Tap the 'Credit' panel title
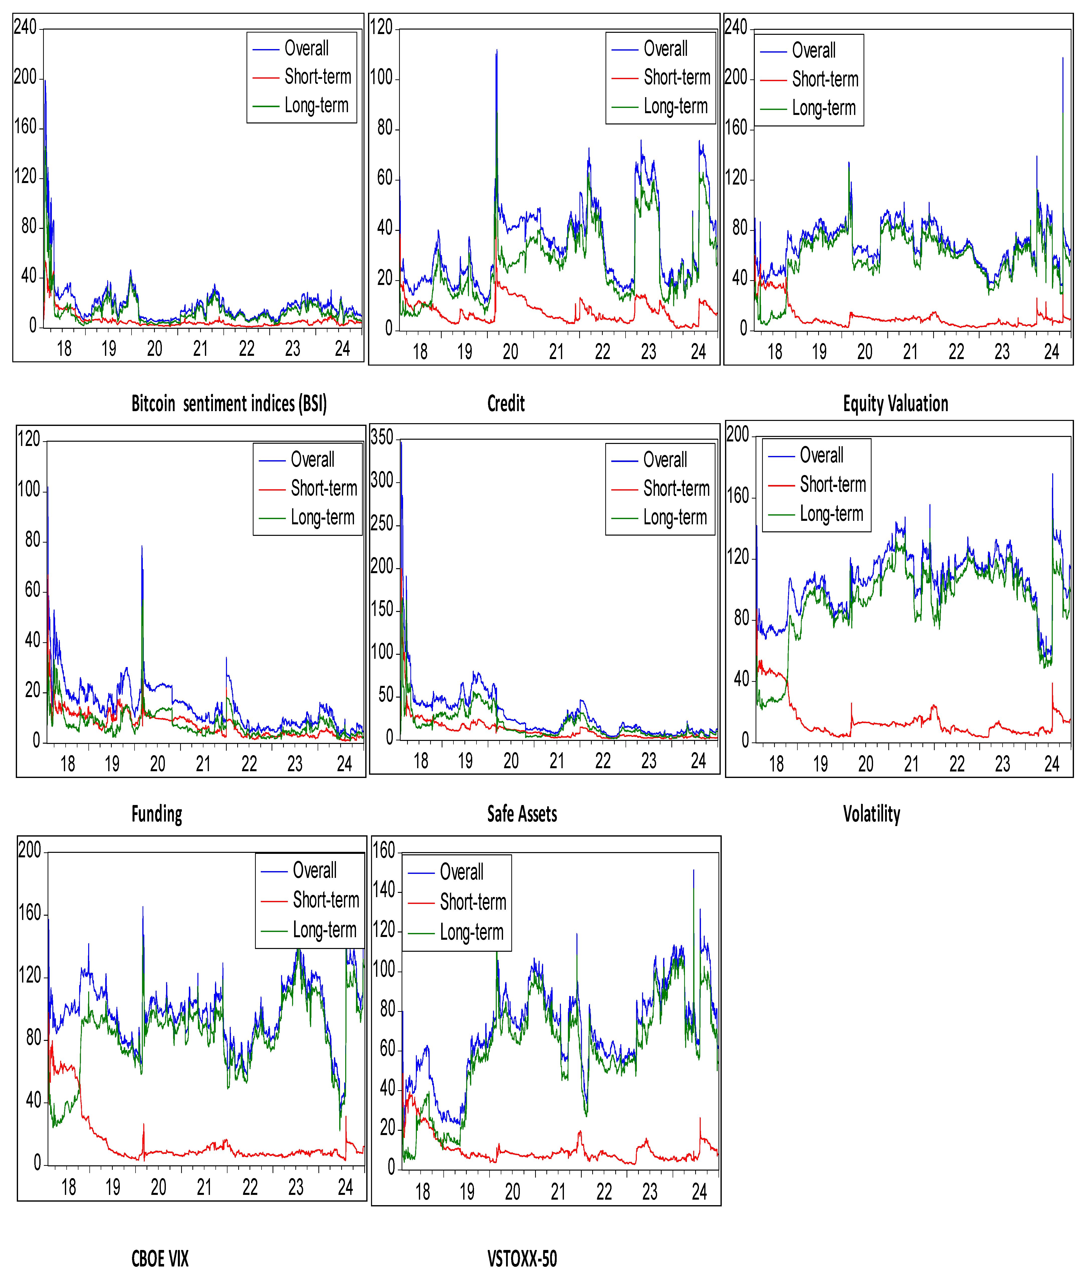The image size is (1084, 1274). point(506,404)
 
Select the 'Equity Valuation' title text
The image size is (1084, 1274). point(895,404)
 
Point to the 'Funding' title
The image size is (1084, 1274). point(157,814)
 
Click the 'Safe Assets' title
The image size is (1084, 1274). point(522,814)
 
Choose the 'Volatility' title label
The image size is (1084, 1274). point(871,814)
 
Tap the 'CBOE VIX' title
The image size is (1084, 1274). point(160,1259)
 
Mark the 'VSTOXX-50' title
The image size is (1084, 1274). point(522,1259)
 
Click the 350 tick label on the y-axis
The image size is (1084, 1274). point(382,437)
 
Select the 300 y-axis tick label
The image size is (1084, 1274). point(382,480)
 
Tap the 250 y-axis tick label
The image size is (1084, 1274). point(382,523)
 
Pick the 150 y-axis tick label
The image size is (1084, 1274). point(382,609)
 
